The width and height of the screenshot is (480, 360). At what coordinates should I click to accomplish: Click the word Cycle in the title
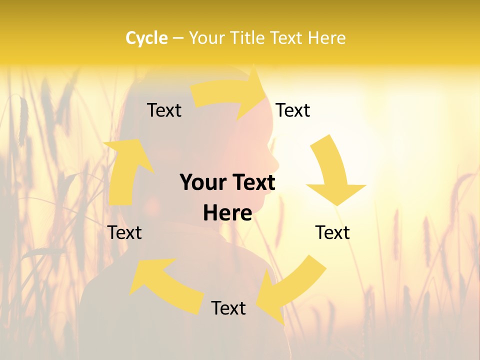146,38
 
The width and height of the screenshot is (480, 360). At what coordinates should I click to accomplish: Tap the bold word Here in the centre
227,213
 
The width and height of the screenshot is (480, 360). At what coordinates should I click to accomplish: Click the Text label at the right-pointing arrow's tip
292,110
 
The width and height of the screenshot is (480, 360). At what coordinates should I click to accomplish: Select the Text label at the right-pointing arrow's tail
164,110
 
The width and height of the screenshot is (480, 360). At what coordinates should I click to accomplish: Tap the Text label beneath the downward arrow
332,232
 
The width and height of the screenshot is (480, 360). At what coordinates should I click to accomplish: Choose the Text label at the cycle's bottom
228,308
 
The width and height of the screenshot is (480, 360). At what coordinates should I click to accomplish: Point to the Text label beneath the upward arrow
125,232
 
